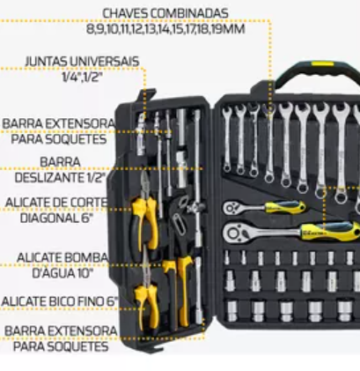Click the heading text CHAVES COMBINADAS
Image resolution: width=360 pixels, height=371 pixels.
click(165, 13)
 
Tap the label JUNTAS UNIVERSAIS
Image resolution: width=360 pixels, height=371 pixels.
click(82, 62)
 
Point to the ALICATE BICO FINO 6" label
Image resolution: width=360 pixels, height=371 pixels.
click(60, 301)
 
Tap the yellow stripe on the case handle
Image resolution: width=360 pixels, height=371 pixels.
click(322, 63)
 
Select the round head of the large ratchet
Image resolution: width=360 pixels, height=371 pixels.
click(235, 234)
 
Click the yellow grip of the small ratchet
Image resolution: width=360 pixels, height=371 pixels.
click(285, 207)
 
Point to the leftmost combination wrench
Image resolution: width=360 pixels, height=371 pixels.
click(227, 139)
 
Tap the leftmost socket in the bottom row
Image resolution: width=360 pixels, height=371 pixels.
click(232, 311)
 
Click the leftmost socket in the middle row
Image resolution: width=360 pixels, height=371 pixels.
click(230, 281)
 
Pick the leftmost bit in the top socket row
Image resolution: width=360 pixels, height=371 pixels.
click(226, 257)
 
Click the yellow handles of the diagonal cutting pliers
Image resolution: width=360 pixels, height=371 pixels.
click(144, 223)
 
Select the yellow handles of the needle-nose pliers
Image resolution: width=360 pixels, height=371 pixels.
click(147, 307)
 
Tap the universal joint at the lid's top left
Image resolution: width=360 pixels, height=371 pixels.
click(141, 135)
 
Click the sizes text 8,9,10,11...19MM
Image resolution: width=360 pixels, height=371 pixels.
click(165, 29)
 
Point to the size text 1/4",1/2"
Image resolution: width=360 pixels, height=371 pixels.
click(83, 78)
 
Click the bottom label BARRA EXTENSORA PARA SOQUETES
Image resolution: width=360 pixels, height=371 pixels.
click(61, 338)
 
